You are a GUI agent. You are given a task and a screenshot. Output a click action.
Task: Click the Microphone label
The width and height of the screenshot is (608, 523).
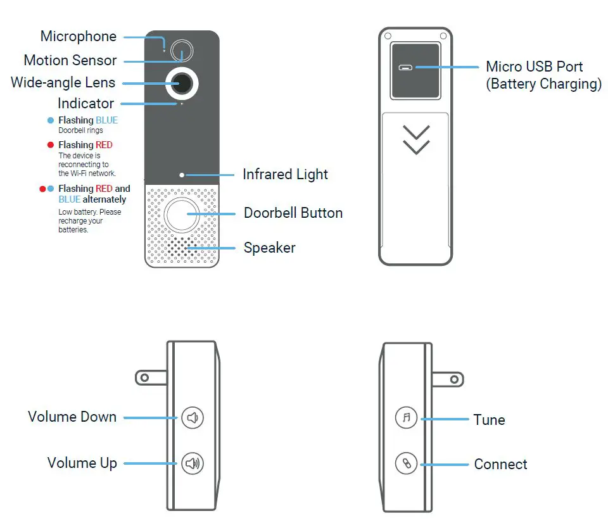tap(78, 37)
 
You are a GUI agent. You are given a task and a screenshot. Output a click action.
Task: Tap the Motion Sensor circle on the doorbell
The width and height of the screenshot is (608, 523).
tap(182, 51)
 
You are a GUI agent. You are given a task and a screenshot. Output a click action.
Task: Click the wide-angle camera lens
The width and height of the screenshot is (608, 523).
tap(182, 82)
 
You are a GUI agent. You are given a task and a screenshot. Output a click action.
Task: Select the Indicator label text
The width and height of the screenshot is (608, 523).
tap(85, 103)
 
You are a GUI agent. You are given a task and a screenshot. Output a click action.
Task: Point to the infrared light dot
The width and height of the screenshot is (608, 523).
tap(182, 174)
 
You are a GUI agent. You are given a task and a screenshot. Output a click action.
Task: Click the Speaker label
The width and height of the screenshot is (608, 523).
tap(269, 248)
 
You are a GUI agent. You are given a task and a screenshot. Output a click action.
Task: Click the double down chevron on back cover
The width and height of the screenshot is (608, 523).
tap(416, 139)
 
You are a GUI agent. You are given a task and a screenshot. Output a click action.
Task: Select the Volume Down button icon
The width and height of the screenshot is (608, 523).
tap(193, 418)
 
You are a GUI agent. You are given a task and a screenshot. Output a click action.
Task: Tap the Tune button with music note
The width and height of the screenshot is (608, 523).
tap(406, 418)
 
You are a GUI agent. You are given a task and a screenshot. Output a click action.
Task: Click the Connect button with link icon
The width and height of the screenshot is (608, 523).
tap(406, 463)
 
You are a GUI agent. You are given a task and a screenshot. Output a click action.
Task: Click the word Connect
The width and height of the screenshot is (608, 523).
tap(500, 464)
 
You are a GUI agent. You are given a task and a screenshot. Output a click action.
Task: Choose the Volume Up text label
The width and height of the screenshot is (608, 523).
tap(82, 463)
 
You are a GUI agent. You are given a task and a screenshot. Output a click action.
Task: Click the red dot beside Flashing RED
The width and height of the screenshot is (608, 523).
tap(51, 145)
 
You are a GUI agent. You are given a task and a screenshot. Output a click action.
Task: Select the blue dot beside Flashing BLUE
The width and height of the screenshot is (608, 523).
tap(51, 120)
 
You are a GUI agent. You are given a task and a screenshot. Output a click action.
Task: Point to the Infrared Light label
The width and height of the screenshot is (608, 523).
tap(285, 174)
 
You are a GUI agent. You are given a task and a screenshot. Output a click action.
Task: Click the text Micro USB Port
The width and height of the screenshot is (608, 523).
tap(534, 66)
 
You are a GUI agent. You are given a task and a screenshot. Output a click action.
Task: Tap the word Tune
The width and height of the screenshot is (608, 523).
tap(489, 420)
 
